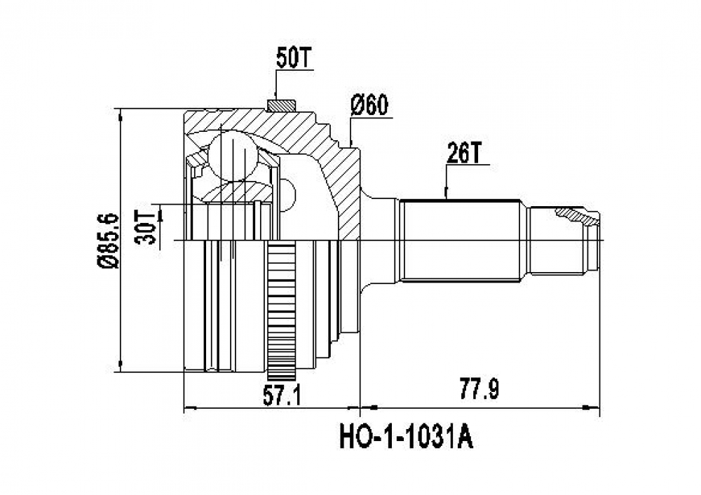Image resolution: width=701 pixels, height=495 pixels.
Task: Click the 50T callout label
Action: point(294,58)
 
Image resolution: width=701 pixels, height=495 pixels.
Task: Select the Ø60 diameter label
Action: point(369,106)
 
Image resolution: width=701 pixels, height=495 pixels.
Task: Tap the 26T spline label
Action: point(463,154)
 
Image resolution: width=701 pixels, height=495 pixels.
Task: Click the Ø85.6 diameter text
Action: point(108,240)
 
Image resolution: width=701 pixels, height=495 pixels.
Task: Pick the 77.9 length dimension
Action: point(479,389)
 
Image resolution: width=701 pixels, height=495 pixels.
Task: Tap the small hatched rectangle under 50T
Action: point(281,106)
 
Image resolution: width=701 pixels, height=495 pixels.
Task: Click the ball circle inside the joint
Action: point(233,156)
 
